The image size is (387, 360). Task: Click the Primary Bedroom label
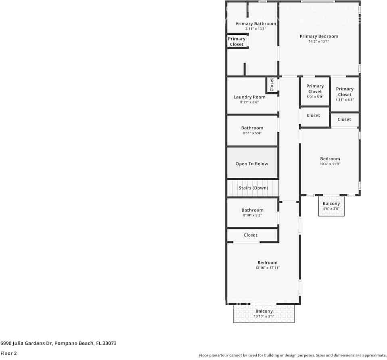pyautogui.click(x=319, y=36)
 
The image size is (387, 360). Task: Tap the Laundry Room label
pyautogui.click(x=249, y=97)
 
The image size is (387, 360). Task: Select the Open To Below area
pyautogui.click(x=252, y=163)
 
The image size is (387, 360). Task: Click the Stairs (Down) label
pyautogui.click(x=253, y=188)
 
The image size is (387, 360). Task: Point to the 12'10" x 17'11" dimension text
pyautogui.click(x=268, y=268)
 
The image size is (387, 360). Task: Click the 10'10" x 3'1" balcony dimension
pyautogui.click(x=264, y=316)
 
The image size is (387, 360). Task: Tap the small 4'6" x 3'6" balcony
pyautogui.click(x=331, y=206)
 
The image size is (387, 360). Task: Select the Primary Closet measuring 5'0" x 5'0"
pyautogui.click(x=315, y=92)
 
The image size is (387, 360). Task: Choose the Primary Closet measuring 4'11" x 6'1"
pyautogui.click(x=345, y=94)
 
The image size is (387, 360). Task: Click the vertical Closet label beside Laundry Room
pyautogui.click(x=272, y=85)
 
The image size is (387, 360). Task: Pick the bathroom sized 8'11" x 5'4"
pyautogui.click(x=252, y=130)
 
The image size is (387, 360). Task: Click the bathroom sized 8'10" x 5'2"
pyautogui.click(x=253, y=212)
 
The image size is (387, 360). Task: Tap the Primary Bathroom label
pyautogui.click(x=256, y=24)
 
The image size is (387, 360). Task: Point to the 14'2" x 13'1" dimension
pyautogui.click(x=319, y=42)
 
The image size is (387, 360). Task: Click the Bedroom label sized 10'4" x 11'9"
pyautogui.click(x=330, y=159)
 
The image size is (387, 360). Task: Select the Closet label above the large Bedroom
pyautogui.click(x=251, y=235)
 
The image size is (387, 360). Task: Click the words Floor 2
pyautogui.click(x=8, y=353)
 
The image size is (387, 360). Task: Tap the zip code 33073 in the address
pyautogui.click(x=110, y=343)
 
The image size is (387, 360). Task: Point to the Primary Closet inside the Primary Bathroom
pyautogui.click(x=237, y=42)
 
